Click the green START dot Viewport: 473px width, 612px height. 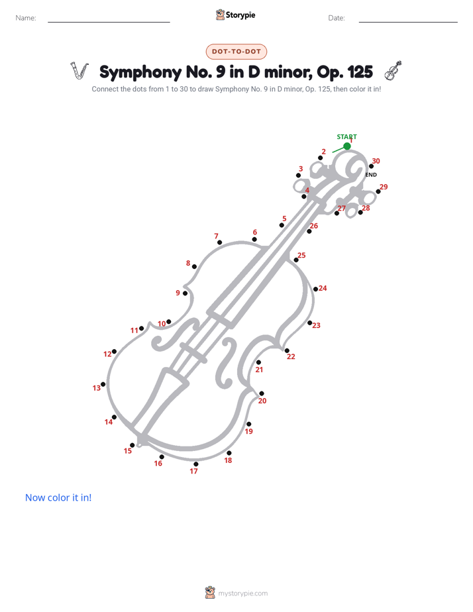pos(347,146)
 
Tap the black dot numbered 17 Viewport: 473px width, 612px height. pos(196,464)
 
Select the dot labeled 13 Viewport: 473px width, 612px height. pos(103,384)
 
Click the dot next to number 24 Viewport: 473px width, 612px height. pos(316,289)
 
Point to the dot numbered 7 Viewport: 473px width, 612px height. pos(220,242)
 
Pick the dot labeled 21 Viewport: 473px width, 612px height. pos(258,362)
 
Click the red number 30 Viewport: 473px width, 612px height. pos(376,161)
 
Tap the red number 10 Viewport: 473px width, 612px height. pos(162,324)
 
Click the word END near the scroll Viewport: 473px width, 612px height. pos(371,175)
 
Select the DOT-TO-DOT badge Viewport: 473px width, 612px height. pos(236,52)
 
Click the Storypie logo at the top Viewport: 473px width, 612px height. pos(236,15)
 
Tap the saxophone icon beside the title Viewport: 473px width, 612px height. pos(79,71)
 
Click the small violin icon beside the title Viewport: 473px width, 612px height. pos(393,71)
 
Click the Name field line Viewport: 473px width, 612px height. pos(109,22)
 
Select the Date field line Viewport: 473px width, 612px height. pos(408,22)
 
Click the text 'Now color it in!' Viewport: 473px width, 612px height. pos(58,497)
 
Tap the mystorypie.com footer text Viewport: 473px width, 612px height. pos(242,593)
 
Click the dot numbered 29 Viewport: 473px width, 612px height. pos(378,191)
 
